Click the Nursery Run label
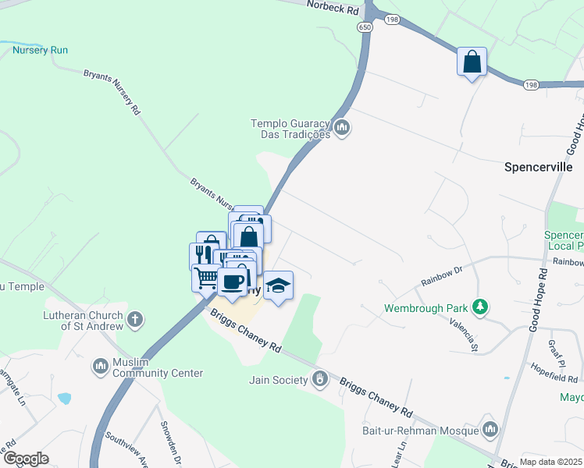(x=40, y=50)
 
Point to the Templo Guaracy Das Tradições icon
(x=341, y=126)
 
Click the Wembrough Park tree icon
(x=482, y=307)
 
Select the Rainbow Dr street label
(x=443, y=271)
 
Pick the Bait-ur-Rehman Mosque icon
(x=490, y=430)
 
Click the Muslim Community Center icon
(x=100, y=366)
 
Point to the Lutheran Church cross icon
(x=135, y=319)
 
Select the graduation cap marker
(x=278, y=285)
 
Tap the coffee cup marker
(x=233, y=282)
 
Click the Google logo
(x=27, y=458)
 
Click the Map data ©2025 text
(x=550, y=462)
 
